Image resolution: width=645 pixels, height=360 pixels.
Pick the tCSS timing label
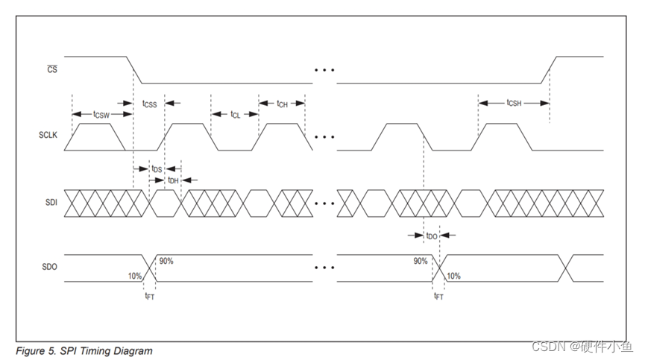click(148, 104)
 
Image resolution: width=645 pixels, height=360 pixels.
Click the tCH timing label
click(282, 104)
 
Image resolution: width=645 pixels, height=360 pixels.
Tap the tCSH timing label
click(514, 103)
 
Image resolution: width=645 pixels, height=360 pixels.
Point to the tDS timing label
click(156, 169)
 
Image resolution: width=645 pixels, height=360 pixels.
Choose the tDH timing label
click(172, 180)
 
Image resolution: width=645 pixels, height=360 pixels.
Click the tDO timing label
click(431, 236)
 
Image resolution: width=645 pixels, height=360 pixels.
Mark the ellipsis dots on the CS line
click(324, 70)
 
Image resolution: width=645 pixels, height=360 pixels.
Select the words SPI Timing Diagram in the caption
click(113, 351)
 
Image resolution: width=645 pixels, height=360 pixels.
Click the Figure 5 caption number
click(42, 351)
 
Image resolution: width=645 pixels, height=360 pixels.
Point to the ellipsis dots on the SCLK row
click(324, 137)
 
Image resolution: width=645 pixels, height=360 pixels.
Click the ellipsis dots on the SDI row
click(324, 203)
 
